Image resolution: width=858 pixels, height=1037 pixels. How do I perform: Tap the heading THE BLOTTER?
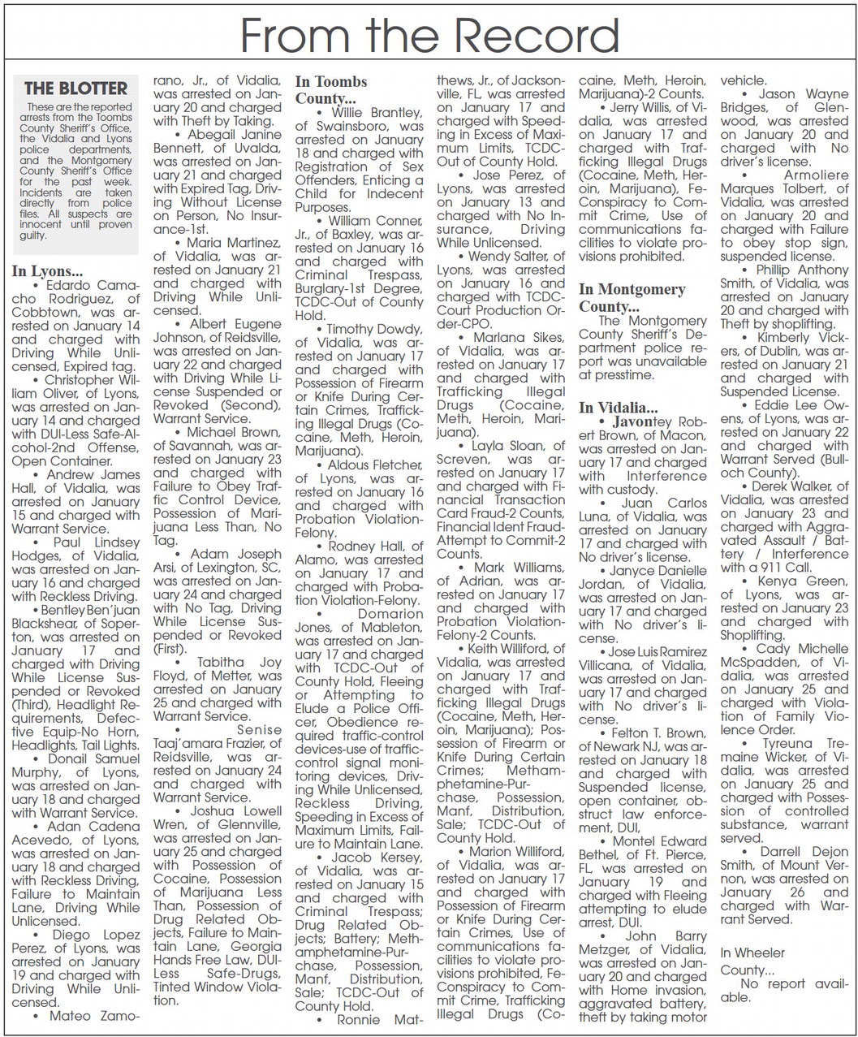75,89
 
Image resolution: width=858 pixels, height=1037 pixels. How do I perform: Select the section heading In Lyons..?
47,271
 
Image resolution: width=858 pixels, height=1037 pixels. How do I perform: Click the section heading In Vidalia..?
619,407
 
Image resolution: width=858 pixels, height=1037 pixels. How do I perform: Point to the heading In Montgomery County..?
632,297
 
